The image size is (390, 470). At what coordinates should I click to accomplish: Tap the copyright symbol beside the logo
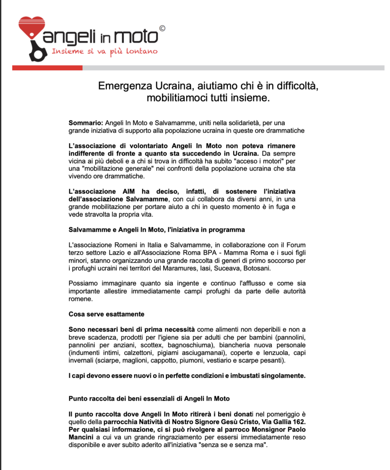(x=162, y=28)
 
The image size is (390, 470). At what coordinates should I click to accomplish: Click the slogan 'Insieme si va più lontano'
(x=104, y=51)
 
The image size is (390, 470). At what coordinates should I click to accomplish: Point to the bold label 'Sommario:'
(x=86, y=123)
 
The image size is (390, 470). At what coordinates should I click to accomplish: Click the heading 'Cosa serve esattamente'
(x=106, y=314)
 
